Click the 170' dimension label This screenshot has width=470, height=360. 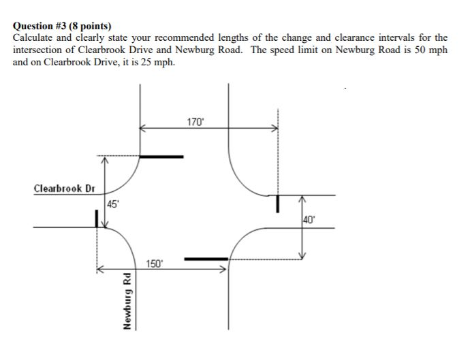(x=195, y=122)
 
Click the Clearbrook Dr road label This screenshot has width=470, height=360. (x=64, y=187)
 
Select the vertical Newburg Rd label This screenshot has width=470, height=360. (x=127, y=300)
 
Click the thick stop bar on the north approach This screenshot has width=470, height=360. (x=161, y=157)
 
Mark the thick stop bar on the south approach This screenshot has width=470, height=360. (x=206, y=259)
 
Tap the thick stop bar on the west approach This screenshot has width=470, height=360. (x=97, y=219)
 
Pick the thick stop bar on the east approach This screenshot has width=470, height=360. (x=277, y=203)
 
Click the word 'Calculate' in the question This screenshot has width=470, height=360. (x=34, y=39)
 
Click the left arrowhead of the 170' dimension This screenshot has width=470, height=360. (x=142, y=127)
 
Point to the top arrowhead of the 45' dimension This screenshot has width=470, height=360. (x=104, y=161)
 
